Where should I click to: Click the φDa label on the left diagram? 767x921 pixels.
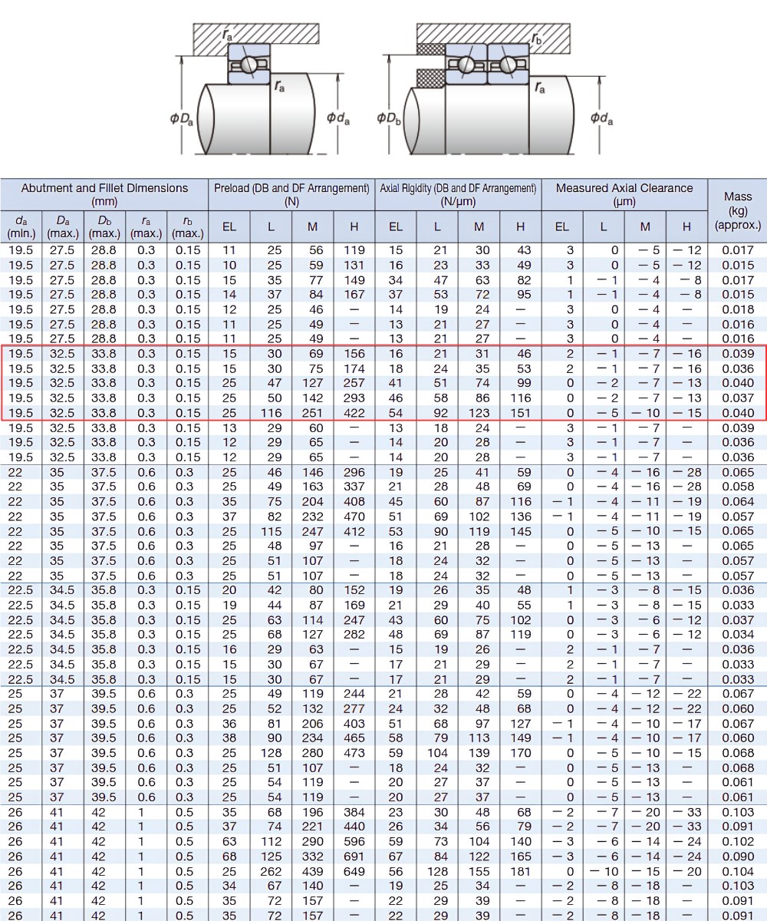(182, 119)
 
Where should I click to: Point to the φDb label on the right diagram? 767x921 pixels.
(388, 119)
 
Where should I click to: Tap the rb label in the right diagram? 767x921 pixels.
(536, 39)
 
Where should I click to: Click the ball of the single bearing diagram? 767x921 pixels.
(249, 64)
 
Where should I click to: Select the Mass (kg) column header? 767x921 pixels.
(737, 211)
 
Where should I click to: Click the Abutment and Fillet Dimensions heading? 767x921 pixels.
(104, 194)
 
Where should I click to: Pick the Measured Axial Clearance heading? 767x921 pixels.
(624, 194)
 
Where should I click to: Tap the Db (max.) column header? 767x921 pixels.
(104, 226)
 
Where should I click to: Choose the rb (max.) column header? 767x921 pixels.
(188, 226)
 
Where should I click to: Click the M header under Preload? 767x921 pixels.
(312, 226)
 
